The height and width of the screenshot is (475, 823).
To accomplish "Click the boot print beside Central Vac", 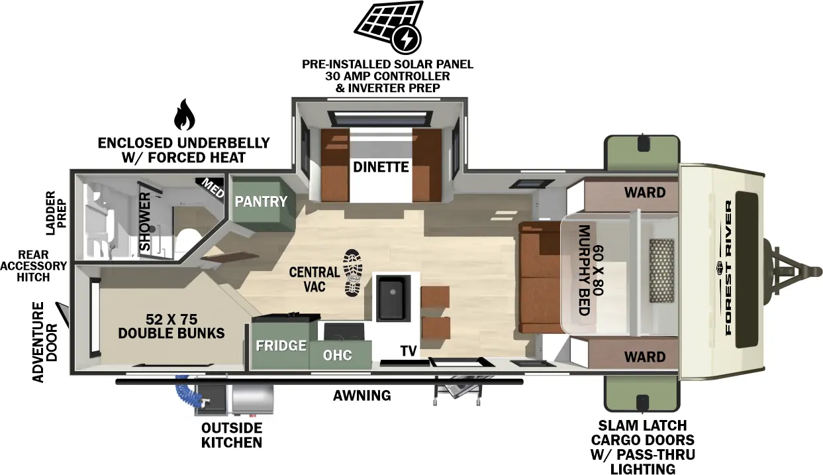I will [354, 273].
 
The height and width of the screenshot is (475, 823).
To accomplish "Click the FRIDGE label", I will [281, 345].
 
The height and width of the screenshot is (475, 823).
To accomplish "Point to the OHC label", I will [337, 355].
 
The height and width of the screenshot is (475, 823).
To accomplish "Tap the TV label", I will [408, 351].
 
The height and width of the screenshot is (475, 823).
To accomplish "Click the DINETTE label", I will [380, 167].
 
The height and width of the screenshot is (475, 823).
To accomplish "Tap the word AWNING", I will [362, 396].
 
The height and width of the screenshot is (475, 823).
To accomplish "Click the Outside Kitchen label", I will [232, 435].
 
